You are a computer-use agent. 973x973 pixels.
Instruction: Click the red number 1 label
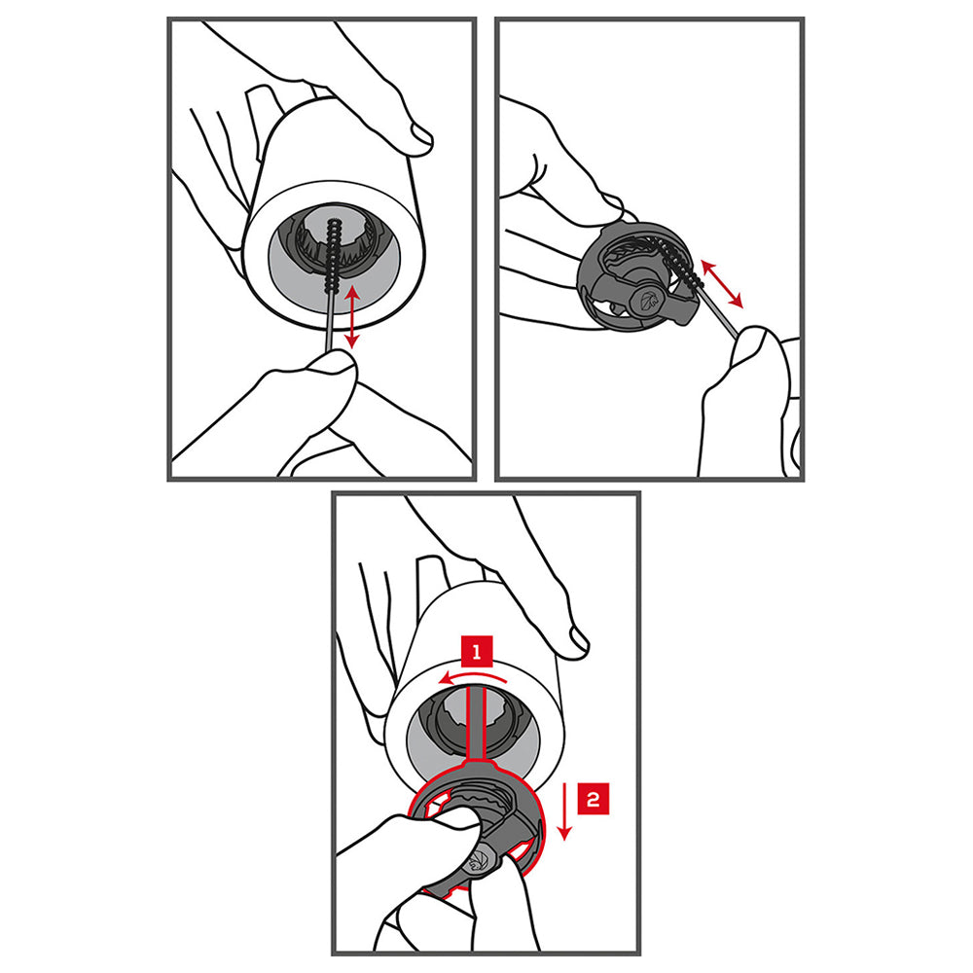[x=477, y=651]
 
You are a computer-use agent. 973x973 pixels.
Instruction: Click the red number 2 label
[x=593, y=799]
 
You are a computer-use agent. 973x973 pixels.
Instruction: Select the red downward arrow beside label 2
[x=564, y=811]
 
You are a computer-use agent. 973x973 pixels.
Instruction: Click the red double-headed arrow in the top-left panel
[x=352, y=316]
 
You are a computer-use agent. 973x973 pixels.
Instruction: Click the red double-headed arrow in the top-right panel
[x=722, y=284]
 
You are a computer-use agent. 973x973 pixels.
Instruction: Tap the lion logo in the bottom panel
[x=478, y=859]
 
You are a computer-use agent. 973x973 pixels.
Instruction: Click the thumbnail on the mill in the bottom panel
[x=578, y=640]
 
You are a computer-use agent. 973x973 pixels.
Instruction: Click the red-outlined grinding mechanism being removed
[x=477, y=825]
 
